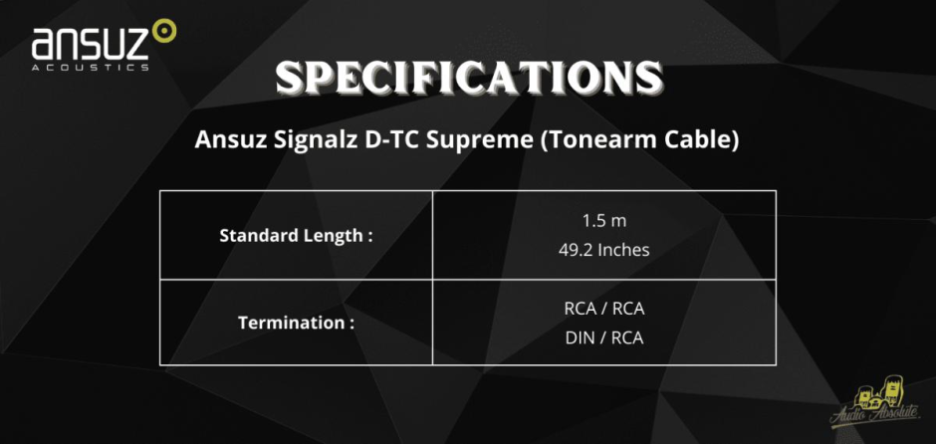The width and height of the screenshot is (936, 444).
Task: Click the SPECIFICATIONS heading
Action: [469, 78]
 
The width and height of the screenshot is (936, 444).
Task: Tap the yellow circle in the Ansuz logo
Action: [164, 31]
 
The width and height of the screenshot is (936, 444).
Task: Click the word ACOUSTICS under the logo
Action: [91, 68]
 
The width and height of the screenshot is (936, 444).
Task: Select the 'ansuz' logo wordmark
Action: [91, 44]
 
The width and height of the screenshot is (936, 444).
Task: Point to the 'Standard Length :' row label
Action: [296, 236]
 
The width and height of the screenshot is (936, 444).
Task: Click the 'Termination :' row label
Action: [296, 324]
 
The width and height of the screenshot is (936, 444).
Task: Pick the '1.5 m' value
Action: [604, 221]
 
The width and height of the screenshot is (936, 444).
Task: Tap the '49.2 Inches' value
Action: [604, 250]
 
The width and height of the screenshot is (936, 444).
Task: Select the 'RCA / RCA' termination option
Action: [604, 310]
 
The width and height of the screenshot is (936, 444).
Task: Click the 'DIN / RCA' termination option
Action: [604, 338]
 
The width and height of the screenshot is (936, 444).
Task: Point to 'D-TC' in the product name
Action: [380, 140]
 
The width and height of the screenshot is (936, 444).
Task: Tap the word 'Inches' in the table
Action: [623, 250]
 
